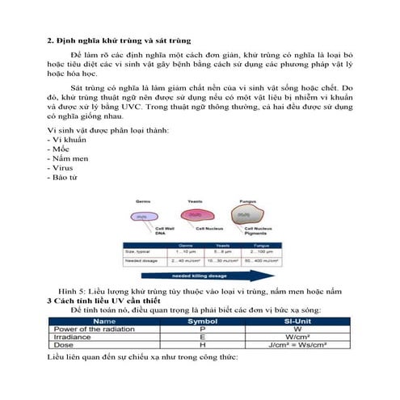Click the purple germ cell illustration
[142, 216]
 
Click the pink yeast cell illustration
[193, 215]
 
